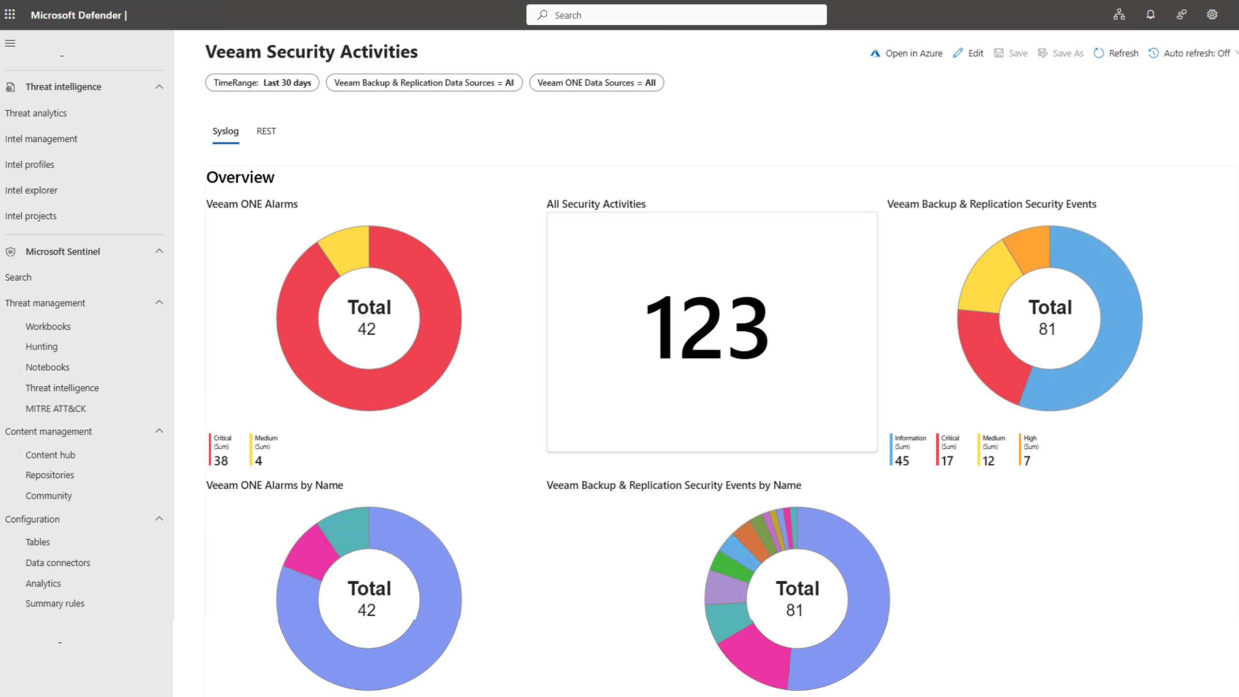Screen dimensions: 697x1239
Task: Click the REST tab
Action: coord(266,131)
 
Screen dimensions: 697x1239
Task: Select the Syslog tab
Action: coord(225,131)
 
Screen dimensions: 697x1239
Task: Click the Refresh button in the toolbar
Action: coord(1116,53)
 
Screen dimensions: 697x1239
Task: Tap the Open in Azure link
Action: coord(907,53)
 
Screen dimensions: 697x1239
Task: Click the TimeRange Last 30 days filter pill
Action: coord(262,83)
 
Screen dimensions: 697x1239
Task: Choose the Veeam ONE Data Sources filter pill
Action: coord(596,83)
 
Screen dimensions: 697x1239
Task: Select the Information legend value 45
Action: coord(902,460)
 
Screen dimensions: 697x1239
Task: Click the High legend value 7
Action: coord(1027,460)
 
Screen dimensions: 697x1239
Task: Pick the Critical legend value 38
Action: coord(221,460)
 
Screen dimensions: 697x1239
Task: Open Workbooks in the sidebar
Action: coord(48,327)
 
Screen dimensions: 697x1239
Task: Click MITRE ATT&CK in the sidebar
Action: coord(56,409)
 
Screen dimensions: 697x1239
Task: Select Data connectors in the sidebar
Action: coord(58,563)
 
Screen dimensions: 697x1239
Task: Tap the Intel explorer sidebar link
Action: coord(31,190)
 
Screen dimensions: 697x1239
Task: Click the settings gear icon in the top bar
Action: coord(1212,15)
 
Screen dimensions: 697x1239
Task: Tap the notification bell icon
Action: coord(1150,15)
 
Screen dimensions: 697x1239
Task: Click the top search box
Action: coord(676,15)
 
